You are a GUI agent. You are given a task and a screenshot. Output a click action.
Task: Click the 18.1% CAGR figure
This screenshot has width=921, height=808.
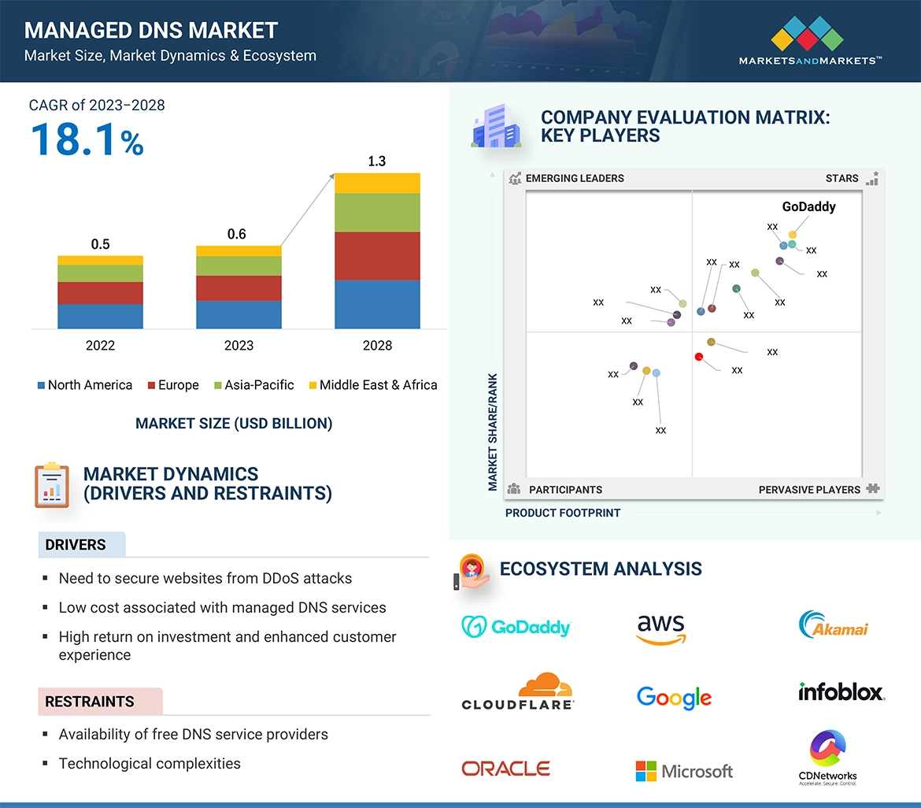[x=87, y=140]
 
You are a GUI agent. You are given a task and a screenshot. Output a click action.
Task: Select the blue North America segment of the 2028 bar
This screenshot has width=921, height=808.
[x=377, y=304]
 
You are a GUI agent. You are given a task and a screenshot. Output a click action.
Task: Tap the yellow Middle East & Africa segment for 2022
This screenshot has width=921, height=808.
[x=100, y=260]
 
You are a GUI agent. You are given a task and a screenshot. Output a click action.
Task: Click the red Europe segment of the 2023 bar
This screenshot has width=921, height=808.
[x=239, y=287]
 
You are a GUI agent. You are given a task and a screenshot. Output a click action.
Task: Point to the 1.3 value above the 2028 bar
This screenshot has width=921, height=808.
[x=377, y=161]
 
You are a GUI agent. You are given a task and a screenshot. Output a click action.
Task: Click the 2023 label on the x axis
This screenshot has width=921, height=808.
[x=239, y=345]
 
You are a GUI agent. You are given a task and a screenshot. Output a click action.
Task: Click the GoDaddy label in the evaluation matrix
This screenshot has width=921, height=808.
[x=808, y=207]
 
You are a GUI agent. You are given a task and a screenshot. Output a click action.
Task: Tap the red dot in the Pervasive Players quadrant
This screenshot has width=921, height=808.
[x=699, y=357]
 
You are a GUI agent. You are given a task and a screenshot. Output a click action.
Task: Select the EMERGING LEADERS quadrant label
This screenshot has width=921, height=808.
[x=574, y=178]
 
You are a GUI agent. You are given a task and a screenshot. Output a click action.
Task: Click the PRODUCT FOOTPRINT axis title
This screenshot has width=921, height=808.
[x=563, y=513]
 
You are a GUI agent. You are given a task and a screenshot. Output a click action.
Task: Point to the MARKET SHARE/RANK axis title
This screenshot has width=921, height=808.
[x=493, y=432]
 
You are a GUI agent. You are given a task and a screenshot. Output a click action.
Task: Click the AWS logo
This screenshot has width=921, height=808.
[x=661, y=628]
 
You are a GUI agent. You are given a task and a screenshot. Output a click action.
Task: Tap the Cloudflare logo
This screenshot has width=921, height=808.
[x=517, y=691]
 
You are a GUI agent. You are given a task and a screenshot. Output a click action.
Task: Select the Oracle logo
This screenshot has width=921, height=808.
[x=505, y=769]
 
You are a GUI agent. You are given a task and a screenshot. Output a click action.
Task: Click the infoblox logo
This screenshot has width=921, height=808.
[x=841, y=691]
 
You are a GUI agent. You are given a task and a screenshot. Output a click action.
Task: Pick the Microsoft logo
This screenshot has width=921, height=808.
[x=684, y=771]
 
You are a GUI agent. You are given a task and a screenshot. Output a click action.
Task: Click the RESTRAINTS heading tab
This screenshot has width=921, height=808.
[x=90, y=702]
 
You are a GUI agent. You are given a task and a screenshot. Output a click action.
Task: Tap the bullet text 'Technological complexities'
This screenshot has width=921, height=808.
[x=150, y=763]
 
